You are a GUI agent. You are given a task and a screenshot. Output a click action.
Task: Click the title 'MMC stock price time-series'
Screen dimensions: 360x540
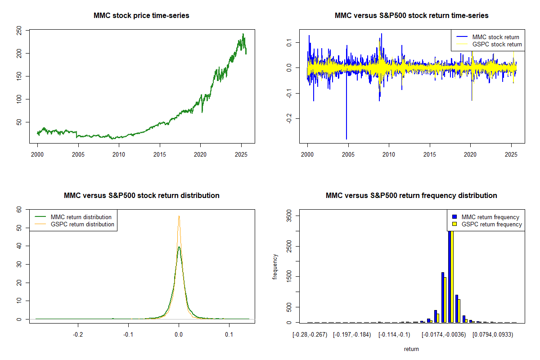coord(141,16)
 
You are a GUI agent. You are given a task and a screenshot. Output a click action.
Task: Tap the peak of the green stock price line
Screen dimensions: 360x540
coord(243,34)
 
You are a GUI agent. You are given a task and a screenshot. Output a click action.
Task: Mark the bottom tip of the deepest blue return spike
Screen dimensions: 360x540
coord(346,139)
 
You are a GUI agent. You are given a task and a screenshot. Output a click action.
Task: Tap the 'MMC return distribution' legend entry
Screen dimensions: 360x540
coord(81,217)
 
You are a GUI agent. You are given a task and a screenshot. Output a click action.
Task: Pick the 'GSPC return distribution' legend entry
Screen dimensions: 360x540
coord(82,224)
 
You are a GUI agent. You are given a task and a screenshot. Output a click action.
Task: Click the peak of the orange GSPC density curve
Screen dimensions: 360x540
coord(179,216)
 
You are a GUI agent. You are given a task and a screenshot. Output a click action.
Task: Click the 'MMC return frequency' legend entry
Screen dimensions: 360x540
coord(490,217)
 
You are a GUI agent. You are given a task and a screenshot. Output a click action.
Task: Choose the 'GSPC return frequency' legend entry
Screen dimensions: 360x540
coord(492,224)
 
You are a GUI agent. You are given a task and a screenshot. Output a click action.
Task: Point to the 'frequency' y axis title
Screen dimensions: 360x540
coord(275,266)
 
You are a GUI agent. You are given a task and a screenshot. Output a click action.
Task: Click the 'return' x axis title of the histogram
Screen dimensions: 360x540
coord(411,349)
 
